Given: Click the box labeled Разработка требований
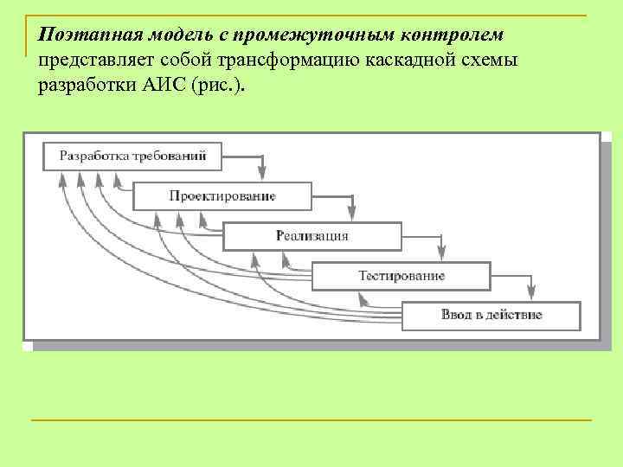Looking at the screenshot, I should (x=132, y=156).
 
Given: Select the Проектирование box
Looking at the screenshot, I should (x=222, y=196).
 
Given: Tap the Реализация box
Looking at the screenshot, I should (x=312, y=235).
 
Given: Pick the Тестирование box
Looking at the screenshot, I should (x=401, y=276).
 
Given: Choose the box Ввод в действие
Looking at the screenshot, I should (x=491, y=315).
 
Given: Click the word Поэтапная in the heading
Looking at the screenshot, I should (x=80, y=35).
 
